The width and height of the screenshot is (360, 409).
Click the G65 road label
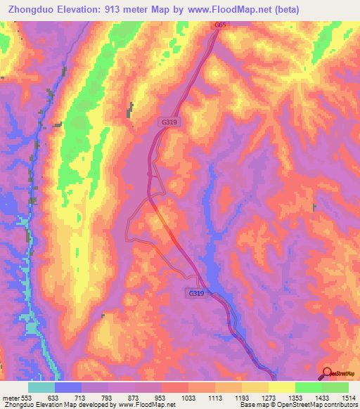click(221, 25)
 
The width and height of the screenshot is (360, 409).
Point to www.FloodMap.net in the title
click(229, 10)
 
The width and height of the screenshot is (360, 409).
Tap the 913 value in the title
click(111, 10)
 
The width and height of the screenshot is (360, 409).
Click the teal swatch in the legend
click(41, 387)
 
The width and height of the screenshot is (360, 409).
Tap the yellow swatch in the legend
click(281, 387)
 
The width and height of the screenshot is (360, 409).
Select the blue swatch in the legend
click(68, 387)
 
